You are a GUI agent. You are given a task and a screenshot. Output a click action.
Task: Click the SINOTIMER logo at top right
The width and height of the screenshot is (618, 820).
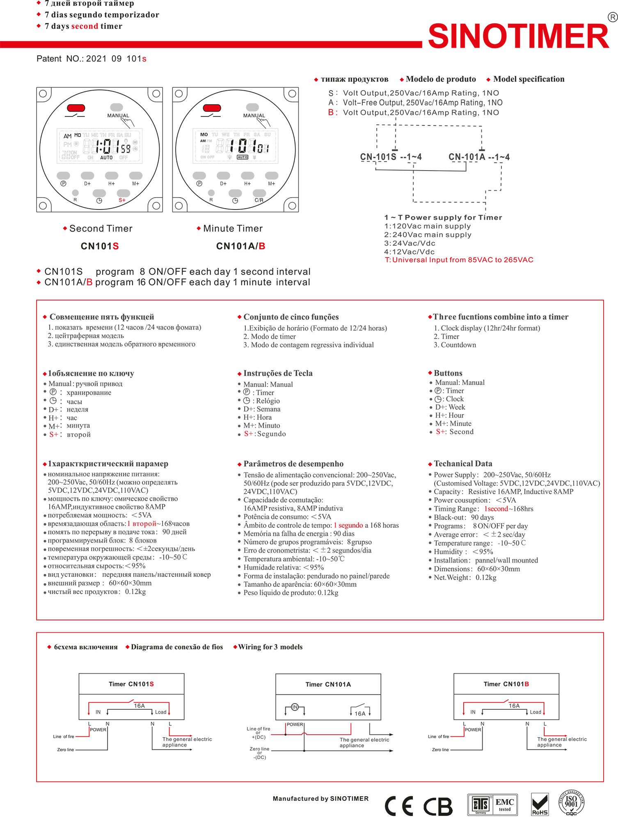(x=519, y=36)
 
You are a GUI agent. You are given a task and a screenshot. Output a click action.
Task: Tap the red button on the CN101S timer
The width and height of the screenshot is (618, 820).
(x=76, y=108)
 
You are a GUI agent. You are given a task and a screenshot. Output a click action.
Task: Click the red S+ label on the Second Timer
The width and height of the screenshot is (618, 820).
(x=122, y=200)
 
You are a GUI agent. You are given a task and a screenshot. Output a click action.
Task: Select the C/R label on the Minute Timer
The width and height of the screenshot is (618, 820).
(x=259, y=200)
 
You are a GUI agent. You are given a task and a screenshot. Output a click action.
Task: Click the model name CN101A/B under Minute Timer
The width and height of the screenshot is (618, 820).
(x=240, y=246)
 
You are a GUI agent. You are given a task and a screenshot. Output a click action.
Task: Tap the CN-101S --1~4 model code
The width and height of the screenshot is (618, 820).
(x=391, y=157)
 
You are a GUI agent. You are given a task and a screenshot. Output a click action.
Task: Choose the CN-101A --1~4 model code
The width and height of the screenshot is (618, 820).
(x=479, y=157)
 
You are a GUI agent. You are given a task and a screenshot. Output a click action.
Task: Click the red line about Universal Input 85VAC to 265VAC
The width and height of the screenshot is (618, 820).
(x=459, y=260)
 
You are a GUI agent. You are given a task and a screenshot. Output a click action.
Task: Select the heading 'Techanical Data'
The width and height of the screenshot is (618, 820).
(x=463, y=464)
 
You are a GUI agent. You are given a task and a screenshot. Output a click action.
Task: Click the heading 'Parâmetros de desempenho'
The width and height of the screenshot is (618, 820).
(x=293, y=464)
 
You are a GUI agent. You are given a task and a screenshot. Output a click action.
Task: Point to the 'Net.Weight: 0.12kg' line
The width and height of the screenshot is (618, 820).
(x=465, y=577)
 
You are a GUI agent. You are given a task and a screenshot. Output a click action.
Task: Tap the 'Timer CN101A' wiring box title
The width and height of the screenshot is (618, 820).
(x=328, y=684)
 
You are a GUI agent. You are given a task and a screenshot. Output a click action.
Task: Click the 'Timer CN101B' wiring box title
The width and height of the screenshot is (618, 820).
(x=506, y=684)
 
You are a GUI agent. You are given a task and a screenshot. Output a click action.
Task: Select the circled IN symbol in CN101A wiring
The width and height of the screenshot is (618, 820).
(x=295, y=707)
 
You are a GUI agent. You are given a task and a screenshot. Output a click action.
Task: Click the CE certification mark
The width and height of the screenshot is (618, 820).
(x=399, y=806)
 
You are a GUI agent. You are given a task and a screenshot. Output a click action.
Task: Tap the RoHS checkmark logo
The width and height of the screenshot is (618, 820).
(x=540, y=804)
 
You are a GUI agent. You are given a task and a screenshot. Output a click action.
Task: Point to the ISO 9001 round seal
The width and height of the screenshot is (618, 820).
(x=571, y=802)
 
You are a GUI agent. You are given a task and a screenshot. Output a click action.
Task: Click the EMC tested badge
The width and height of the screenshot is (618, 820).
(x=504, y=804)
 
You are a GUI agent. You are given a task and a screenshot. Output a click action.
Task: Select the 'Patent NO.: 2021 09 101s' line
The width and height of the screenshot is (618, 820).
(x=91, y=59)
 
